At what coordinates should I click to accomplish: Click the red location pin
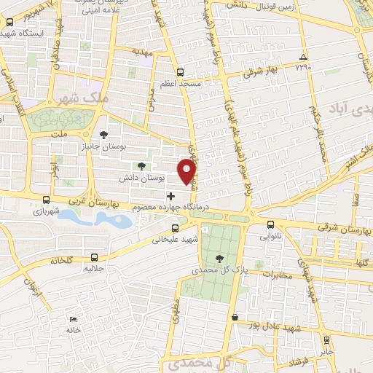pos(188,172)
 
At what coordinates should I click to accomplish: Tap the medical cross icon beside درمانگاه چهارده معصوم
pos(170,196)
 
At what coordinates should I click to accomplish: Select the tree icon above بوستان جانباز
pos(103,135)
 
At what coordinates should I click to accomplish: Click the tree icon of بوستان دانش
pos(141,165)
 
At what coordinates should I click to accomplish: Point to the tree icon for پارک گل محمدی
pos(220,258)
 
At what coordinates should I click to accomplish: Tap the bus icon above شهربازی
pos(47,200)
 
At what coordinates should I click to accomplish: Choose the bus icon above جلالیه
pos(94,256)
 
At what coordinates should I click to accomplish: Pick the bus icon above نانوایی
pos(271,225)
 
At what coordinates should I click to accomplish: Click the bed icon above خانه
pos(71,320)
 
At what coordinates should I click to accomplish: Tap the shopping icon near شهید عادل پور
pos(235,318)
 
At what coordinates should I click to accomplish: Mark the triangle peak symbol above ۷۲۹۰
pos(303,58)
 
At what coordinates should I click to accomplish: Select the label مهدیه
pos(144,52)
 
